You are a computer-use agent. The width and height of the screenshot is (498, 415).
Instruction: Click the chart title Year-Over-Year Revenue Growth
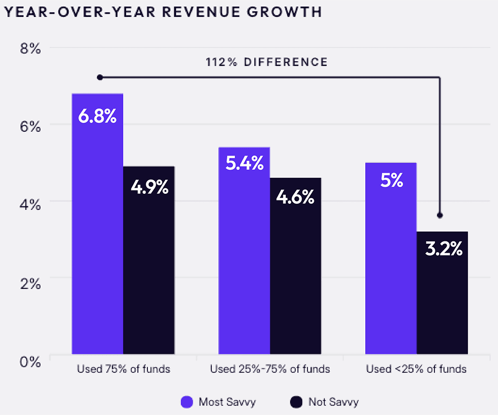coord(163,12)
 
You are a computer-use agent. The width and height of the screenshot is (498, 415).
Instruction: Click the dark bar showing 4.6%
coord(295,266)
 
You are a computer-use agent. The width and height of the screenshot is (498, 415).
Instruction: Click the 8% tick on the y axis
coord(29,48)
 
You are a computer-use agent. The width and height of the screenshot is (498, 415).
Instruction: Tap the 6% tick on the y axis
coord(29,126)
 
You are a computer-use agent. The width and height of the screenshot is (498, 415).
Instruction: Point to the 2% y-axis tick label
coord(29,283)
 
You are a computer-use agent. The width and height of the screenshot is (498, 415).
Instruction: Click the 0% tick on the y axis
coord(29,361)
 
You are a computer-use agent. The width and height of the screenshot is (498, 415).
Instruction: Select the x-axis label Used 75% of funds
coord(123,369)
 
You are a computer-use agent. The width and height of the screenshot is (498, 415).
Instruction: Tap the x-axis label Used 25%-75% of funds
coord(270,369)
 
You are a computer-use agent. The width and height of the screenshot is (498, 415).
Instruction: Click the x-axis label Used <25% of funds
coord(416,369)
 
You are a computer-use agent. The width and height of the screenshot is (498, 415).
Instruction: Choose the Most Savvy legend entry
coord(219,402)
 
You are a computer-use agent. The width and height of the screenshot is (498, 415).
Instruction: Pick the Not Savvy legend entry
coord(325,402)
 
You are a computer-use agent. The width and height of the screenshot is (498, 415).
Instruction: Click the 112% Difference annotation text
coord(266,62)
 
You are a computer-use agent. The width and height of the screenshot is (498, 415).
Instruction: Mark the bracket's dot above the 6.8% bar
coord(99,77)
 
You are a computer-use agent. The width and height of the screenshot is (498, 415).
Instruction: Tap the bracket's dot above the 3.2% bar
coord(440,215)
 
